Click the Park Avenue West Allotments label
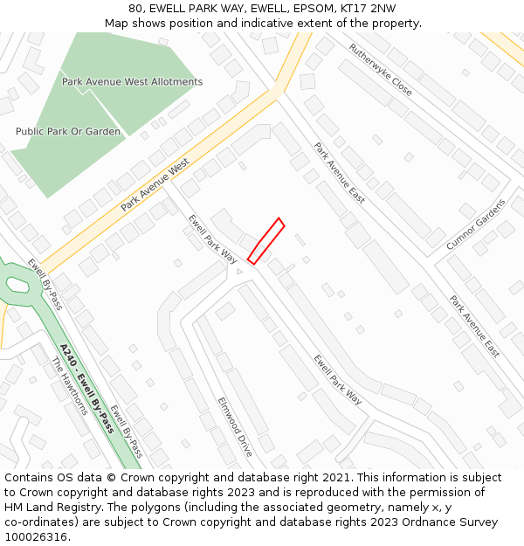tap(132, 82)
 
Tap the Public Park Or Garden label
tap(68, 132)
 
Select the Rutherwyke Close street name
tap(380, 70)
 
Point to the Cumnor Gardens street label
tap(476, 225)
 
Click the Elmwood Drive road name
tap(235, 427)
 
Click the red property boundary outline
tap(265, 241)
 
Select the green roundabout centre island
tap(17, 284)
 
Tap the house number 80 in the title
tap(135, 9)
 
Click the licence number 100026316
tap(36, 537)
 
